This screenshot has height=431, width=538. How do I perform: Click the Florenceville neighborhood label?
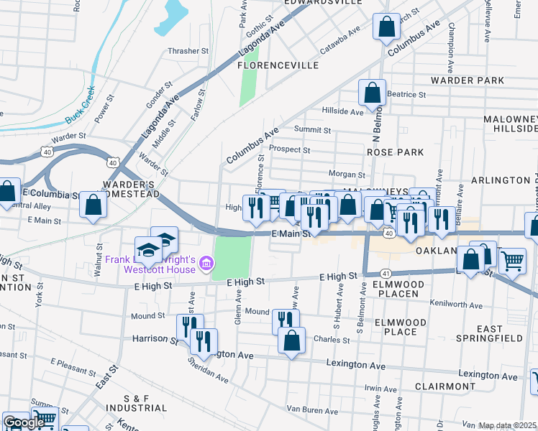click(278, 65)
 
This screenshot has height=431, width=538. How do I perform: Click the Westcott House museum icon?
click(206, 264)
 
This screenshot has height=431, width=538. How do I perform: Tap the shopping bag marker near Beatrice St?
click(372, 93)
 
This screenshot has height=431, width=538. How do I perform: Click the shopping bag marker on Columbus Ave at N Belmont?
click(386, 27)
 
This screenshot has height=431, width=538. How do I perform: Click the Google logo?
click(23, 422)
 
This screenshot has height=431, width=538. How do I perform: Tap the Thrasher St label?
click(187, 51)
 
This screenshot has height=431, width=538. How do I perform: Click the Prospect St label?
click(289, 150)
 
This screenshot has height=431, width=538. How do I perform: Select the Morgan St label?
click(347, 175)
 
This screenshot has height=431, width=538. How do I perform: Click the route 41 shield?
click(386, 273)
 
